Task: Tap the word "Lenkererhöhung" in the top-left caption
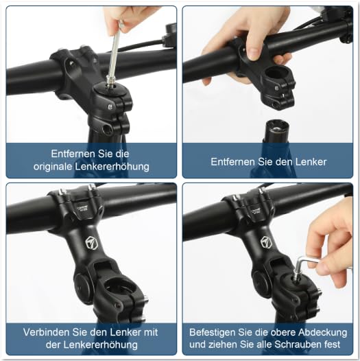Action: [112, 166]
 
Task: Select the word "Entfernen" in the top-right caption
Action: [232, 161]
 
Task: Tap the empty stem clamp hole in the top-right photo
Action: [276, 73]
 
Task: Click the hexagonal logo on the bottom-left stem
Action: [90, 242]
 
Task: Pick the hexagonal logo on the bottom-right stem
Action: [265, 242]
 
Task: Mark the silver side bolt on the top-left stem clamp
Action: [110, 106]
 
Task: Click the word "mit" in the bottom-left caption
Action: [151, 332]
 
